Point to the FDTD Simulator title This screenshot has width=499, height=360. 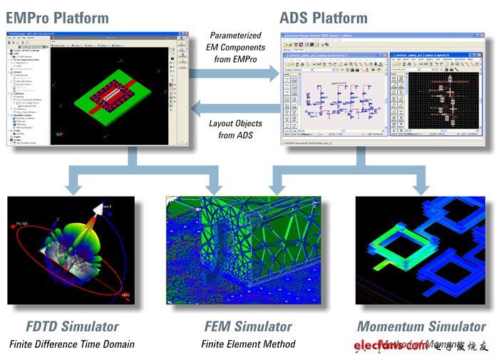coord(63,326)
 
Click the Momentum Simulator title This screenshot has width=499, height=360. coord(421,326)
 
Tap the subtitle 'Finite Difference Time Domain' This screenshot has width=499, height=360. coord(71,345)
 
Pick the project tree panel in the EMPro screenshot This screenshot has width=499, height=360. coord(27,93)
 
